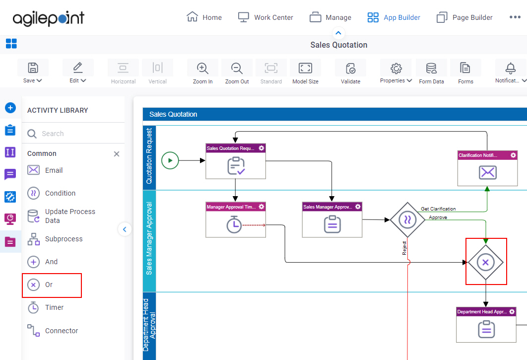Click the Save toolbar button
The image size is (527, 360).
[x=33, y=72]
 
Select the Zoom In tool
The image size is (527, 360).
[x=202, y=72]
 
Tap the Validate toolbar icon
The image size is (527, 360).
[x=350, y=72]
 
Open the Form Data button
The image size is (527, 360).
[x=431, y=72]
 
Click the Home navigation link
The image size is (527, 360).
[x=204, y=17]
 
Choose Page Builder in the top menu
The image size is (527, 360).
[x=464, y=17]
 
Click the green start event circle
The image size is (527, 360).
[x=170, y=160]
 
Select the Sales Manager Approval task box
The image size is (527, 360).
[x=332, y=219]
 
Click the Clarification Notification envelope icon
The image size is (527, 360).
[x=487, y=173]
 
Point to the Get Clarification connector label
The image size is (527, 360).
[x=438, y=209]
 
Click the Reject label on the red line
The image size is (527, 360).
[x=404, y=248]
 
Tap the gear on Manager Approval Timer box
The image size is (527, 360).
[x=262, y=207]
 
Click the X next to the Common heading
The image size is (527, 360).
[x=117, y=154]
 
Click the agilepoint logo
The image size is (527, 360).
[x=49, y=18]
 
